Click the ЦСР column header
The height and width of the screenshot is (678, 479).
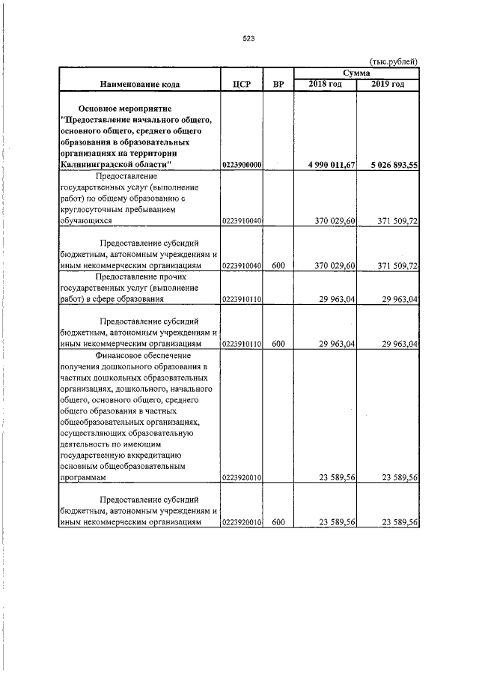click(241, 85)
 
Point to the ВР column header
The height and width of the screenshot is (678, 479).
click(278, 85)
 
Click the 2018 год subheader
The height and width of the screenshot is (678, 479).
click(326, 85)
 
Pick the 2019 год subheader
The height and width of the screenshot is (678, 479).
click(388, 85)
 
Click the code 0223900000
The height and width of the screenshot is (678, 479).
click(241, 165)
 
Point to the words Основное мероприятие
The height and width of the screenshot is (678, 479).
click(126, 108)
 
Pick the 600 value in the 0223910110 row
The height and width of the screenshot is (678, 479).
click(278, 344)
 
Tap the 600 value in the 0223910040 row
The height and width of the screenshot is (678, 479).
click(278, 266)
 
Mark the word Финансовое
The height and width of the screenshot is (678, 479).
click(122, 354)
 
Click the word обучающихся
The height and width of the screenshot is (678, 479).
click(87, 221)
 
